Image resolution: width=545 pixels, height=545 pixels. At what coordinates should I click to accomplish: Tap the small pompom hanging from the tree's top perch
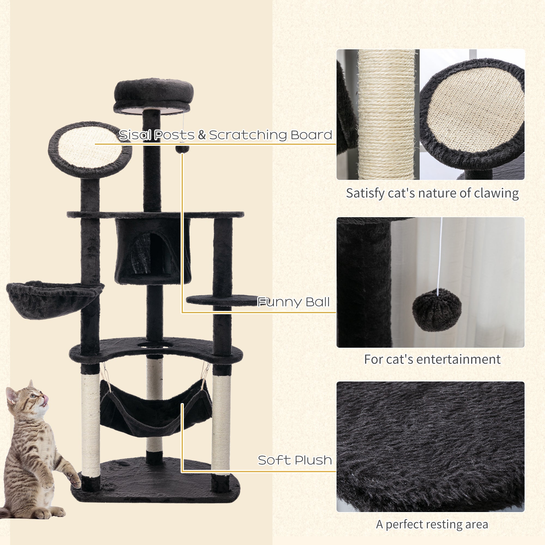click(182, 149)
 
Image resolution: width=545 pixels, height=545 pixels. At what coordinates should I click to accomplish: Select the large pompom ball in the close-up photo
click(437, 310)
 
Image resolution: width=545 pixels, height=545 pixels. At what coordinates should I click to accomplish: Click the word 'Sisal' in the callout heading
click(135, 135)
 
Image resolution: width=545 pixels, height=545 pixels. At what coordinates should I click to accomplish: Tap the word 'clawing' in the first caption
click(496, 194)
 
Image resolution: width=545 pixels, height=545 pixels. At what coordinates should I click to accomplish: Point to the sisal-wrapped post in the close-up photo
click(386, 114)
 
